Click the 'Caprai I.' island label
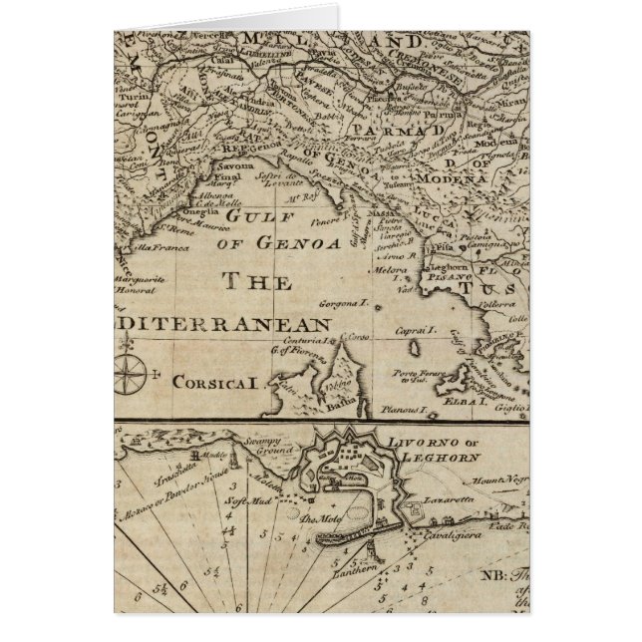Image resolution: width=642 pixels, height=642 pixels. coord(418,329)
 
